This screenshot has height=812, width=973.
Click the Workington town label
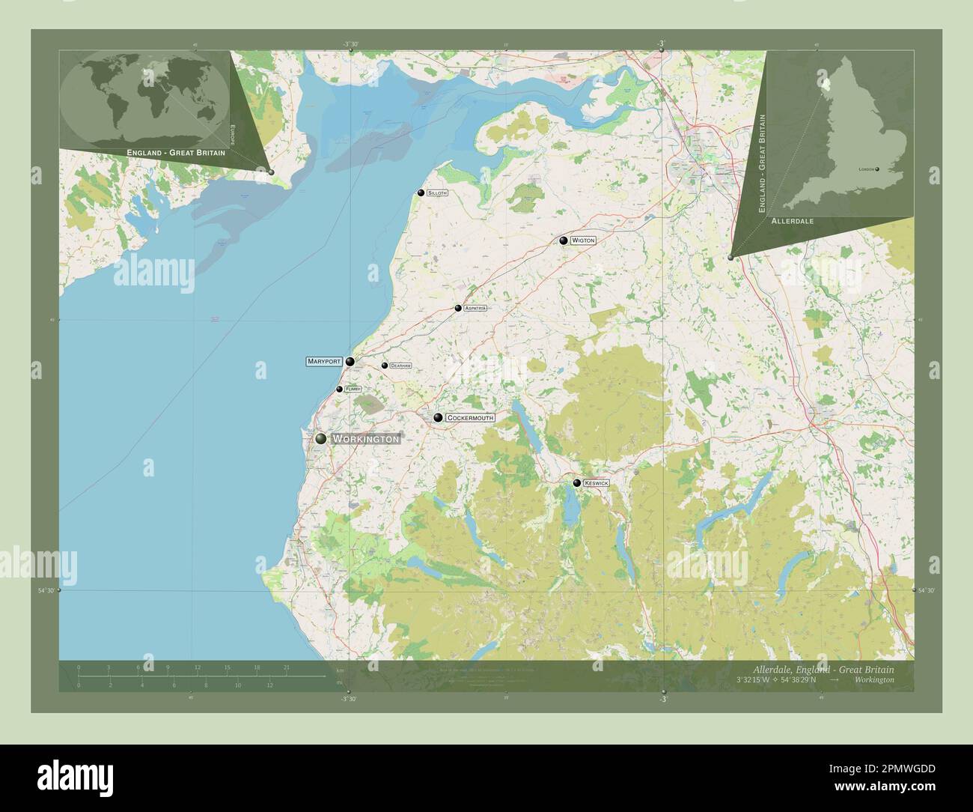pyautogui.click(x=366, y=439)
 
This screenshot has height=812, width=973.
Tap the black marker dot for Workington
pyautogui.click(x=321, y=439)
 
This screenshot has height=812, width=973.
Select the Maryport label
pyautogui.click(x=324, y=361)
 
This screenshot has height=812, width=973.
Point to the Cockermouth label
pyautogui.click(x=470, y=417)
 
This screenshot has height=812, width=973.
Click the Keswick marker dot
pyautogui.click(x=576, y=483)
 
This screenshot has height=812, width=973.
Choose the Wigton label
pyautogui.click(x=583, y=240)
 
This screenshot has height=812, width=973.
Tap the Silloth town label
pyautogui.click(x=437, y=193)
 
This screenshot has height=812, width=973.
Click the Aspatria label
pyautogui.click(x=475, y=308)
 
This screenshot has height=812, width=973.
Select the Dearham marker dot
pyautogui.click(x=385, y=366)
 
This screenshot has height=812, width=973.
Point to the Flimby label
pyautogui.click(x=353, y=390)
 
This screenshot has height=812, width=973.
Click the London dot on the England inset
pyautogui.click(x=877, y=169)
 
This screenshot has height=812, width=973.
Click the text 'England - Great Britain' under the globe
pyautogui.click(x=176, y=152)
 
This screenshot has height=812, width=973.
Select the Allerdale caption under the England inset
pyautogui.click(x=792, y=222)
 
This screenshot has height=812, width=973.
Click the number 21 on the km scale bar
pyautogui.click(x=286, y=667)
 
